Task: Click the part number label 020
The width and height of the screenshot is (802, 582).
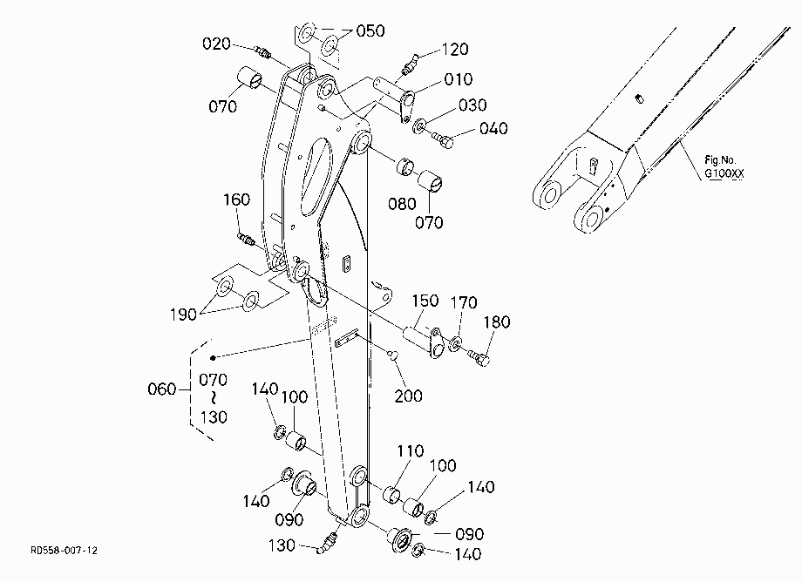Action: (x=216, y=44)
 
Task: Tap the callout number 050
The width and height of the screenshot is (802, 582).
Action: (x=370, y=31)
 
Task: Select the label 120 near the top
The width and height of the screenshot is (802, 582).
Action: (x=455, y=50)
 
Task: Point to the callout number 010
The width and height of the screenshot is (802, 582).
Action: (x=459, y=79)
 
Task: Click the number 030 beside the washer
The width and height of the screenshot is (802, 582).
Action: (x=472, y=105)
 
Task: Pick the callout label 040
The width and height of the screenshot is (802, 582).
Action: (x=493, y=128)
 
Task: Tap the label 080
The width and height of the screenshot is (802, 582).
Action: (x=402, y=205)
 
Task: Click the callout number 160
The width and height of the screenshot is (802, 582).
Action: (x=236, y=200)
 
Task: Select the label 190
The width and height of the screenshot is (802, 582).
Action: (x=183, y=315)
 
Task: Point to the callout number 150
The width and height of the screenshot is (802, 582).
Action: (x=425, y=301)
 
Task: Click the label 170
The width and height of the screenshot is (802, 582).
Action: (x=464, y=302)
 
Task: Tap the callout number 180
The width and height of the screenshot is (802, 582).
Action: (x=497, y=322)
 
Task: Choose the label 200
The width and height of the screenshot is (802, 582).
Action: (x=408, y=396)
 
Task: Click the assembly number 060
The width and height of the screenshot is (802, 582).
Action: (x=161, y=389)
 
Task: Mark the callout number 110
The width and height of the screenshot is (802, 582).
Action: (x=411, y=451)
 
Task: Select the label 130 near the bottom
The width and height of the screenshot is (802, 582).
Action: (x=282, y=545)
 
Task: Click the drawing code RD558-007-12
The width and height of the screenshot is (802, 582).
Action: (x=64, y=551)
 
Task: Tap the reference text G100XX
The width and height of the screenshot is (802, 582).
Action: (x=724, y=173)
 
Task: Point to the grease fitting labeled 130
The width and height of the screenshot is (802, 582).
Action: (x=328, y=543)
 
